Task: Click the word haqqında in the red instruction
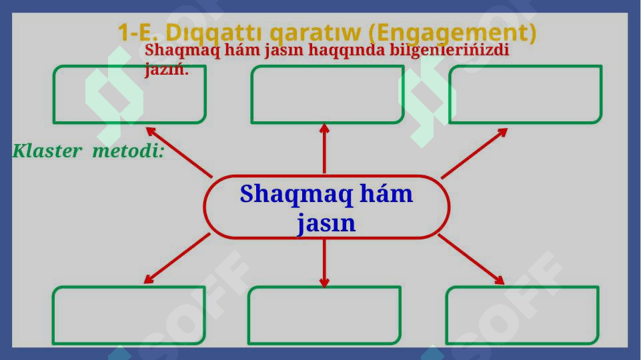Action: click(346, 50)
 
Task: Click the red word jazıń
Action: click(166, 69)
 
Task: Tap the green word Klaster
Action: click(47, 151)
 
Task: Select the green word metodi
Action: click(128, 151)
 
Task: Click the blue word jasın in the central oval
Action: click(326, 223)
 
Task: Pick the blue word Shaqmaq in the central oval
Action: click(295, 195)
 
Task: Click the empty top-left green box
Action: click(129, 94)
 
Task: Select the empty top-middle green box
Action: click(328, 94)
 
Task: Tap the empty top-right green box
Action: click(526, 94)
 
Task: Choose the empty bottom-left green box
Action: click(128, 315)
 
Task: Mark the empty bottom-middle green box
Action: click(324, 315)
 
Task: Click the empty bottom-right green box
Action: click(522, 315)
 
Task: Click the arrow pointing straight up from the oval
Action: click(324, 149)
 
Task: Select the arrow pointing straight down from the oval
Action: click(324, 263)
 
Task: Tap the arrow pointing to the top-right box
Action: click(474, 153)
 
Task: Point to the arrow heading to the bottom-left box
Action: click(177, 258)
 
